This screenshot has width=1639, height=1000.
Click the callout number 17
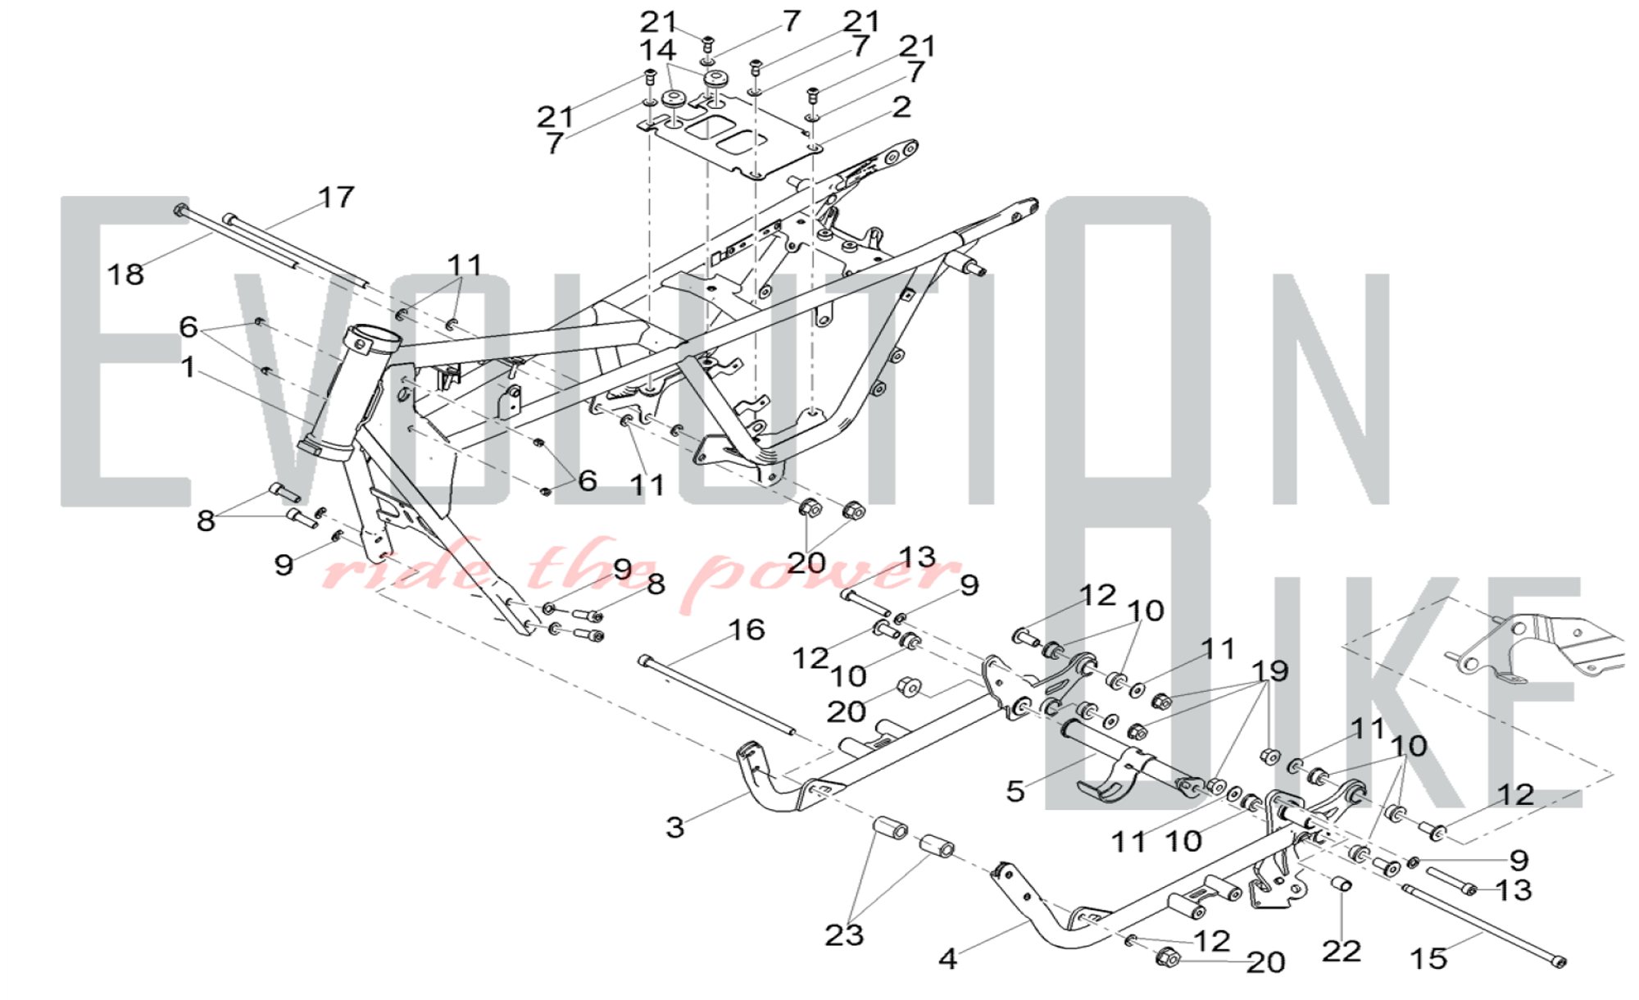(336, 198)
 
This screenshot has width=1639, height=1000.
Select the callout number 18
(125, 275)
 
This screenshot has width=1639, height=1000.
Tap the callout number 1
(188, 368)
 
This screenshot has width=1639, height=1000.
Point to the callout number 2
(901, 107)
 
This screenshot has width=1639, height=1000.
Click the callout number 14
(657, 51)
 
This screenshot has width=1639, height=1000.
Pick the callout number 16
(746, 630)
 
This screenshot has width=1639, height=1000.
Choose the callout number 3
(674, 828)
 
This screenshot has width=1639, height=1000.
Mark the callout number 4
(947, 959)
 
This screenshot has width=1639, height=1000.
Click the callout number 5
(1015, 792)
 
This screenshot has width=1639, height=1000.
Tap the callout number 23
(844, 935)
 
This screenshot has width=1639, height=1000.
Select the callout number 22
(1342, 952)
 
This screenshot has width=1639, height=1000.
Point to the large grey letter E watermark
(123, 352)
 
